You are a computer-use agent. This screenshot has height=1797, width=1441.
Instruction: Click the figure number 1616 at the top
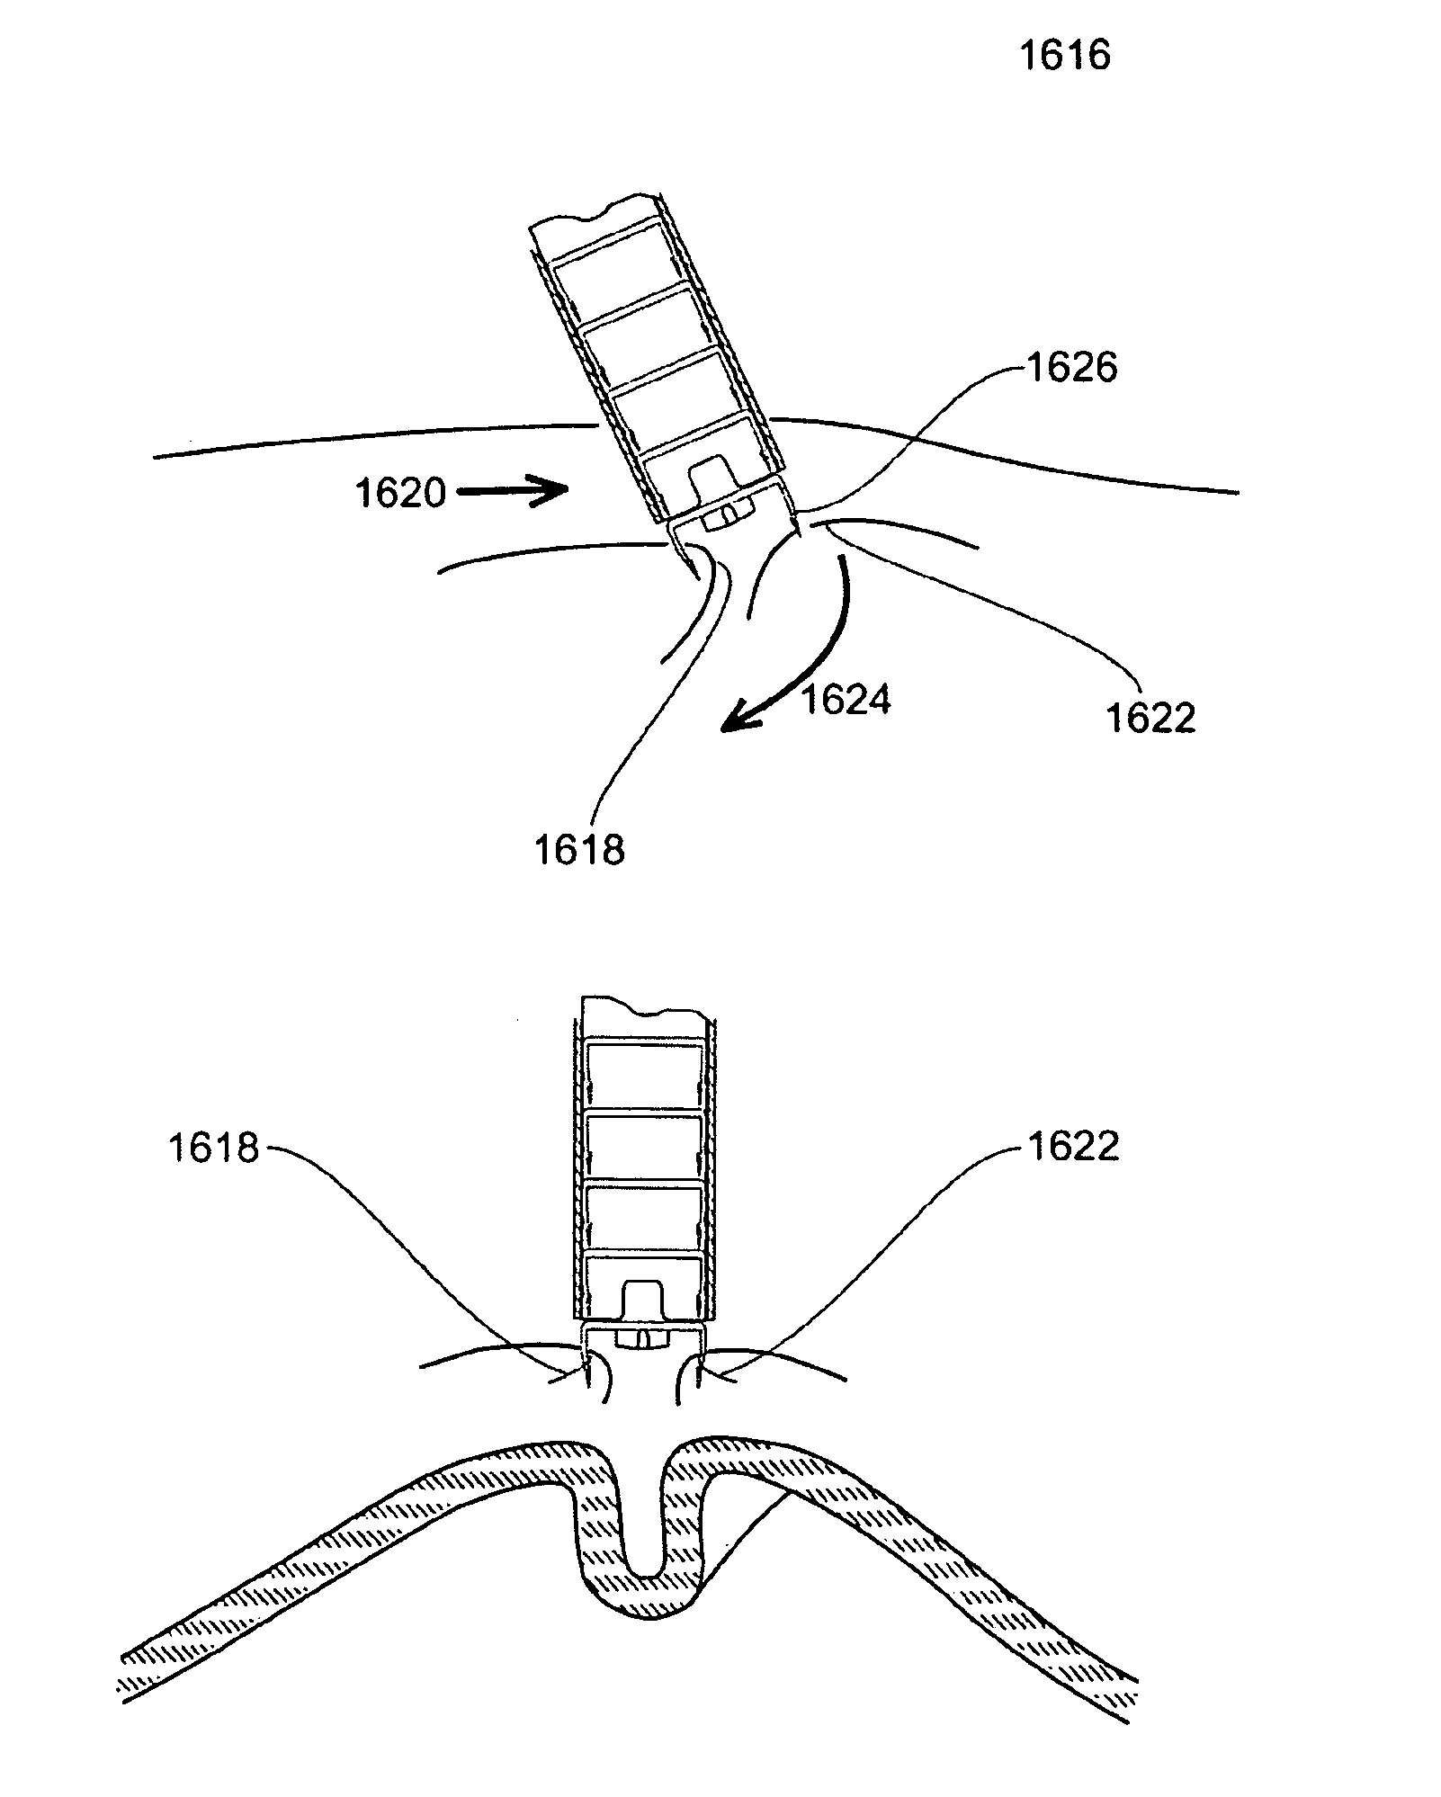1065,56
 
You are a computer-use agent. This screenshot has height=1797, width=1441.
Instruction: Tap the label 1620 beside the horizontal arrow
401,494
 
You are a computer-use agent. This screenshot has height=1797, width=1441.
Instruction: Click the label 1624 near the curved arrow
846,699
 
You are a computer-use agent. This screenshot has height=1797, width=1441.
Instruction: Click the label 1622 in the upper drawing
1151,718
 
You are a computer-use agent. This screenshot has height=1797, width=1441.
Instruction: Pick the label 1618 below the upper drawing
579,848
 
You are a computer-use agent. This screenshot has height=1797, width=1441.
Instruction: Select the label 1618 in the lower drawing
214,1149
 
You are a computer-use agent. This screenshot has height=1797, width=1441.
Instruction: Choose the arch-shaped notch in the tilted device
715,477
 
